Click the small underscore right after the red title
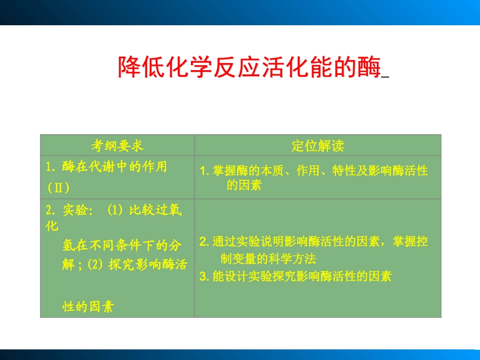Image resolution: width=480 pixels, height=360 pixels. (385, 76)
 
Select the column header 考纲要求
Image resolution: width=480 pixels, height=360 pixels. (117, 146)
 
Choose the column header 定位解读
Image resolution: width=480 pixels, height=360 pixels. (318, 146)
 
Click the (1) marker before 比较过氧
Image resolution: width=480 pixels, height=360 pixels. (115, 211)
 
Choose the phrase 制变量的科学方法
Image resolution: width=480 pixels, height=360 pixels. (268, 259)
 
